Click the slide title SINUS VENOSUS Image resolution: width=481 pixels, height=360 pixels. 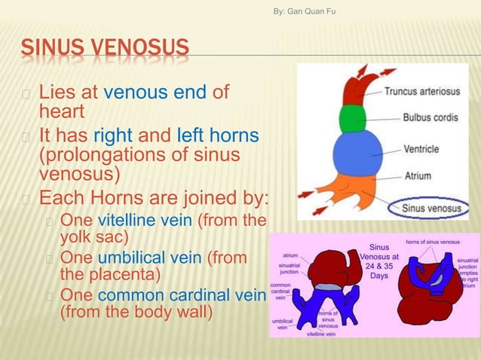tap(105, 49)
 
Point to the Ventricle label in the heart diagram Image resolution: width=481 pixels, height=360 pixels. tap(421, 149)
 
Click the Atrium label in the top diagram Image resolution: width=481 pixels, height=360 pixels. tap(417, 176)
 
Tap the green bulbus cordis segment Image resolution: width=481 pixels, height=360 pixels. tap(352, 118)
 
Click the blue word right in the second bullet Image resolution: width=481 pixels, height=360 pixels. tap(112, 136)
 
